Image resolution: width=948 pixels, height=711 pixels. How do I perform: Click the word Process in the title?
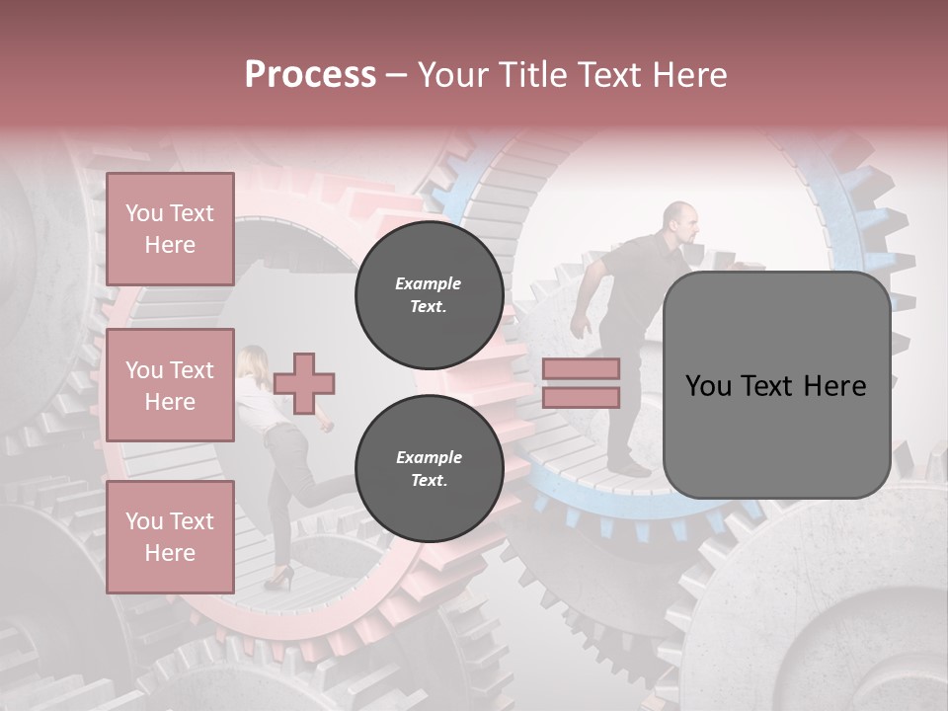point(310,75)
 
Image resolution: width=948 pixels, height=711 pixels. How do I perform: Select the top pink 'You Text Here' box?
point(170,229)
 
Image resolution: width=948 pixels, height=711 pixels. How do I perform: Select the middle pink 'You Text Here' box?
point(170,385)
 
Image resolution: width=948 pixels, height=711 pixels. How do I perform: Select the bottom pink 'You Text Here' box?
point(170,536)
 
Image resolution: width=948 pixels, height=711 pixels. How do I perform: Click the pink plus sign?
point(304,383)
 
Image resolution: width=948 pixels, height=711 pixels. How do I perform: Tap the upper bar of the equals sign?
point(581,368)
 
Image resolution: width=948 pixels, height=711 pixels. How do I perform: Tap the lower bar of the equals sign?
point(581,397)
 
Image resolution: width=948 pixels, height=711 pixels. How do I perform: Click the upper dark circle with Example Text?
point(429,294)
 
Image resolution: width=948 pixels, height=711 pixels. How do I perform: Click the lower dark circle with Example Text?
point(429,468)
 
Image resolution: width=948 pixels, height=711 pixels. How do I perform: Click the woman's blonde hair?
point(251,360)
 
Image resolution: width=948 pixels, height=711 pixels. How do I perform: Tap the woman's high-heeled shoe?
point(279,580)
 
